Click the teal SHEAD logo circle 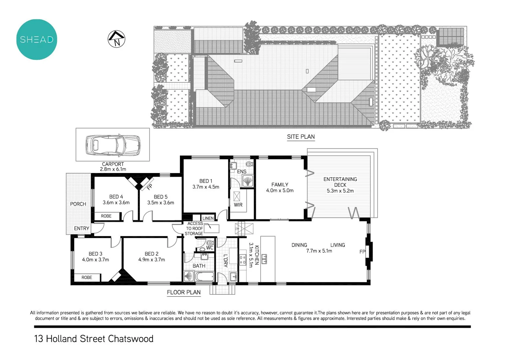tap(37, 39)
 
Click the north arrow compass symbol tap(117, 39)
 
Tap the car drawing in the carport tap(113, 146)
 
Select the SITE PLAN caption tap(301, 137)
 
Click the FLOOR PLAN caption tap(184, 292)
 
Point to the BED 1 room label tap(206, 181)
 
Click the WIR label tap(238, 205)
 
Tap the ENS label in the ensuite tap(242, 171)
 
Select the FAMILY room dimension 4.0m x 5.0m tap(280, 191)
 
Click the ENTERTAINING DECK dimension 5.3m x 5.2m tap(340, 191)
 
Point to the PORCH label tap(78, 204)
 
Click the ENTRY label tap(82, 228)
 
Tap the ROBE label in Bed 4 tap(106, 216)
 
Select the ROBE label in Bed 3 tap(87, 277)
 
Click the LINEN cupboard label tap(208, 218)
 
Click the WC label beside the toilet tap(210, 248)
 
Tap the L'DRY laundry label tap(226, 260)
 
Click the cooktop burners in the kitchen tap(243, 260)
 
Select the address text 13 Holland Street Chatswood tap(94, 339)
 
